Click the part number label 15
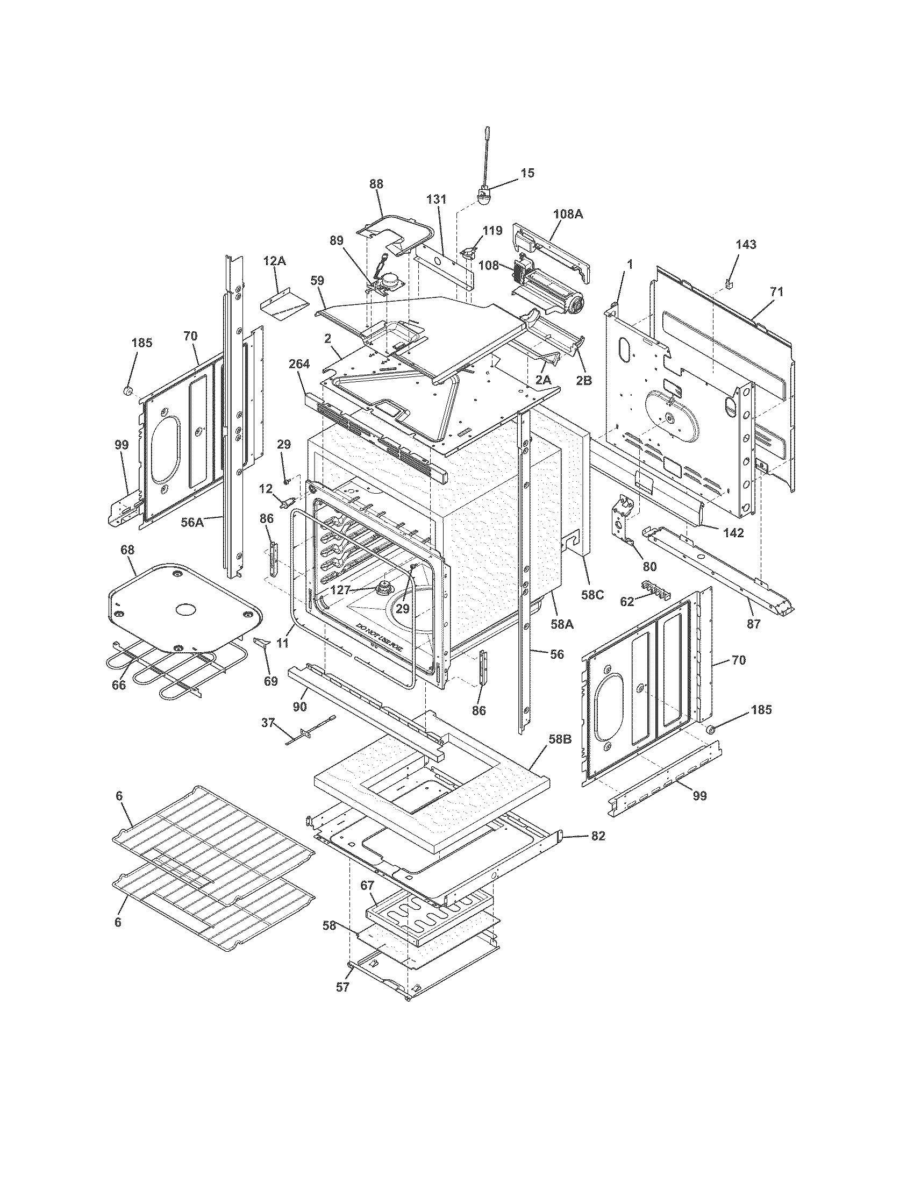pos(527,173)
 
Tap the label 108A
pos(568,214)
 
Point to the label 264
pos(299,364)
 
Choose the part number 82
pos(598,836)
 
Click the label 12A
pos(275,261)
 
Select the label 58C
pos(592,594)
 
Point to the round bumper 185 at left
pos(128,390)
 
